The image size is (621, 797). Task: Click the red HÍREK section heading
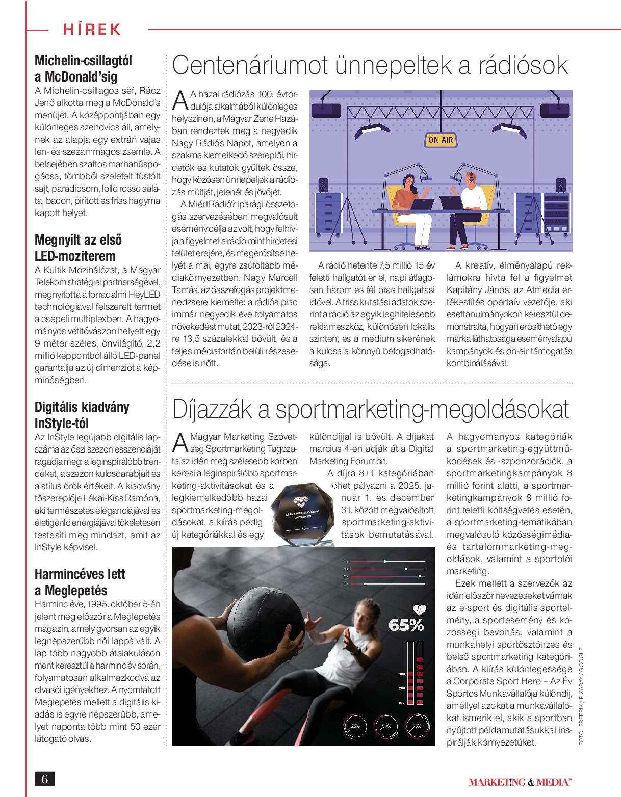click(92, 30)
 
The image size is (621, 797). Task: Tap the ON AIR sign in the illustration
click(441, 140)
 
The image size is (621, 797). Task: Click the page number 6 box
click(44, 779)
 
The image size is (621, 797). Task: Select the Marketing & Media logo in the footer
click(520, 782)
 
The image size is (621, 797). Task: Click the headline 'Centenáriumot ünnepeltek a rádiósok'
click(370, 66)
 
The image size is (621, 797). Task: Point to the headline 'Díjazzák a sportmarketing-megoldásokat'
click(370, 409)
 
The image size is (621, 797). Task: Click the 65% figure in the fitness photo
click(406, 625)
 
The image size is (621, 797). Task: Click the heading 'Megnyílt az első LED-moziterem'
click(78, 248)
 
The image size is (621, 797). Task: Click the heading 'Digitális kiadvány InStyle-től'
click(82, 415)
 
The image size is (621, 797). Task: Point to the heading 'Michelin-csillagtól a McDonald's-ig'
click(83, 68)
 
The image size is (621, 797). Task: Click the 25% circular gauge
click(355, 726)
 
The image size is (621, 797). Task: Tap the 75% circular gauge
click(417, 726)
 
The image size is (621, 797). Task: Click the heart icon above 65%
click(419, 609)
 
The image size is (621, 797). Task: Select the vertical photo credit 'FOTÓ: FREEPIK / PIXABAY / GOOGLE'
click(581, 696)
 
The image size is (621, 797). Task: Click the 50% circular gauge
click(386, 726)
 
